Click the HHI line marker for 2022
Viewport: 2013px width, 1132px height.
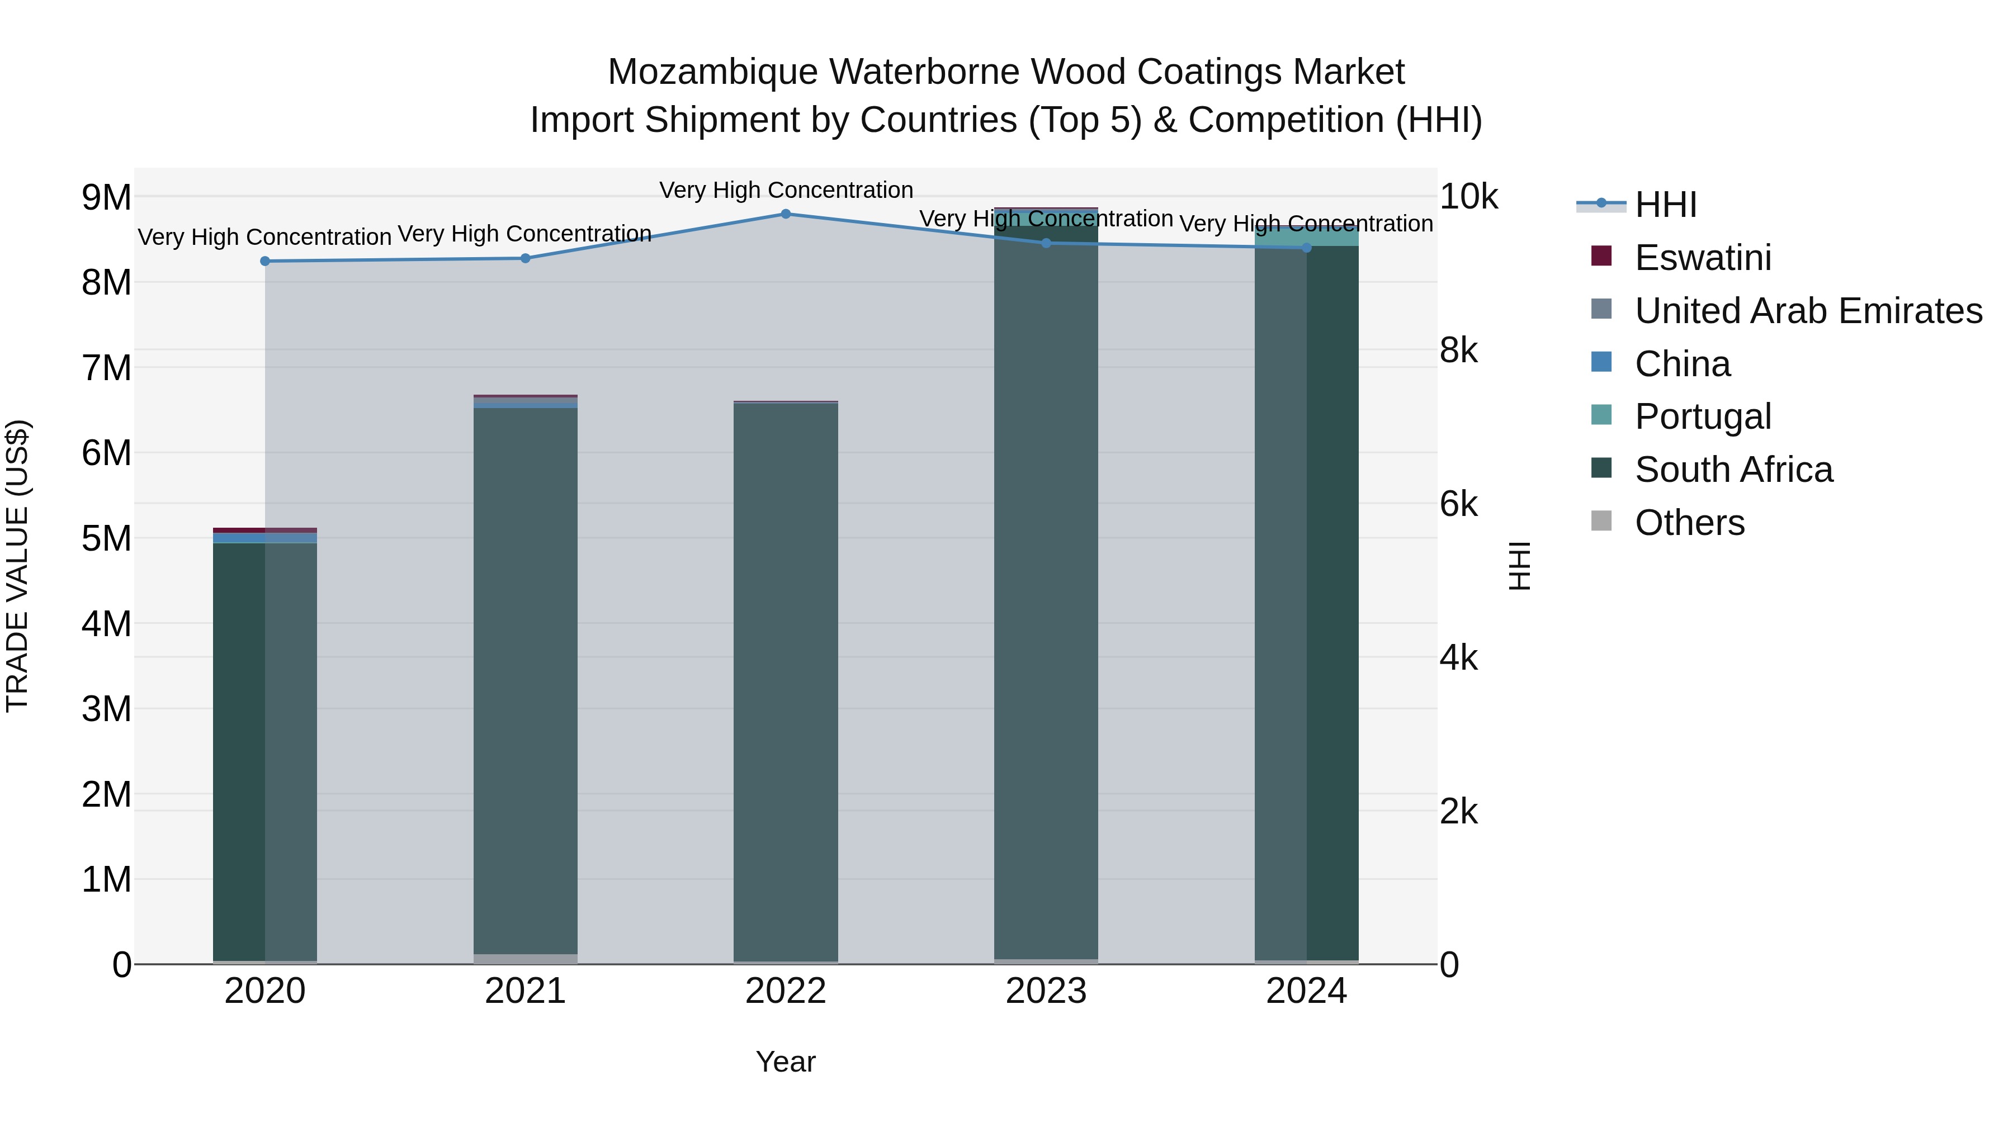[786, 214]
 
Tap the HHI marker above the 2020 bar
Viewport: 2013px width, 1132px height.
[265, 261]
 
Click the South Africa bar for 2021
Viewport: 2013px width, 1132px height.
[525, 680]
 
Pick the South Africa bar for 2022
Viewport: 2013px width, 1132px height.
[786, 680]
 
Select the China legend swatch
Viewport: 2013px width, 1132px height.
[1601, 362]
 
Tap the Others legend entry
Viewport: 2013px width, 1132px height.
[1689, 523]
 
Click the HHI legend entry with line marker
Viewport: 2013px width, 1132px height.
[1665, 205]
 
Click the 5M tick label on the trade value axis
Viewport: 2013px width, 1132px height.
[106, 539]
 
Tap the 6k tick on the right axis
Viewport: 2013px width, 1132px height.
[1458, 505]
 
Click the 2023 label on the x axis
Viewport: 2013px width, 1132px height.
[1046, 991]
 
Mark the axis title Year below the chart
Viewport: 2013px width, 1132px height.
[786, 1062]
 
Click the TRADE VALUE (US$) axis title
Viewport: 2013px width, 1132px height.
[17, 566]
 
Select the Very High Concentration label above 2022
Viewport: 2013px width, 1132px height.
[786, 190]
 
